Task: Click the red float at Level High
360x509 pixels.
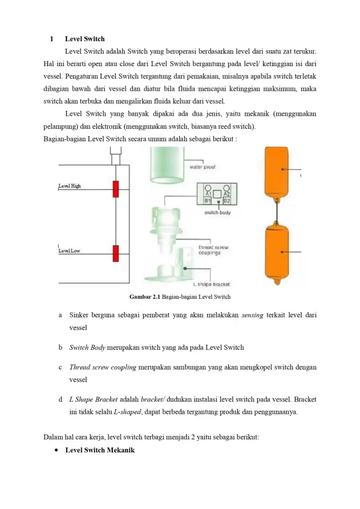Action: (115, 189)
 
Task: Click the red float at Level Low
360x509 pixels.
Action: (115, 253)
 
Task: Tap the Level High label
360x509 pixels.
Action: (70, 186)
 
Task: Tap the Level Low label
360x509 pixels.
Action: (69, 251)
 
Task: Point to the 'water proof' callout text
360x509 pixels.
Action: (202, 167)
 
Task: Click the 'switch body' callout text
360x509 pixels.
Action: (217, 212)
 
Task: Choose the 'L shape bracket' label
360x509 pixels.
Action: (211, 284)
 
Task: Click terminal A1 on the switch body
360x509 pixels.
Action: (208, 193)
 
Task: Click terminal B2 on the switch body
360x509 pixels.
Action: (227, 200)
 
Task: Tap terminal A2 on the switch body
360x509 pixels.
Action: (227, 193)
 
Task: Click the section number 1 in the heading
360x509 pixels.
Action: (51, 39)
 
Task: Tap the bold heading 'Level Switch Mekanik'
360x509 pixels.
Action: (100, 450)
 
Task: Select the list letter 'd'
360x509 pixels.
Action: (60, 399)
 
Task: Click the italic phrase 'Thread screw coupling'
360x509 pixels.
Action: (103, 367)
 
